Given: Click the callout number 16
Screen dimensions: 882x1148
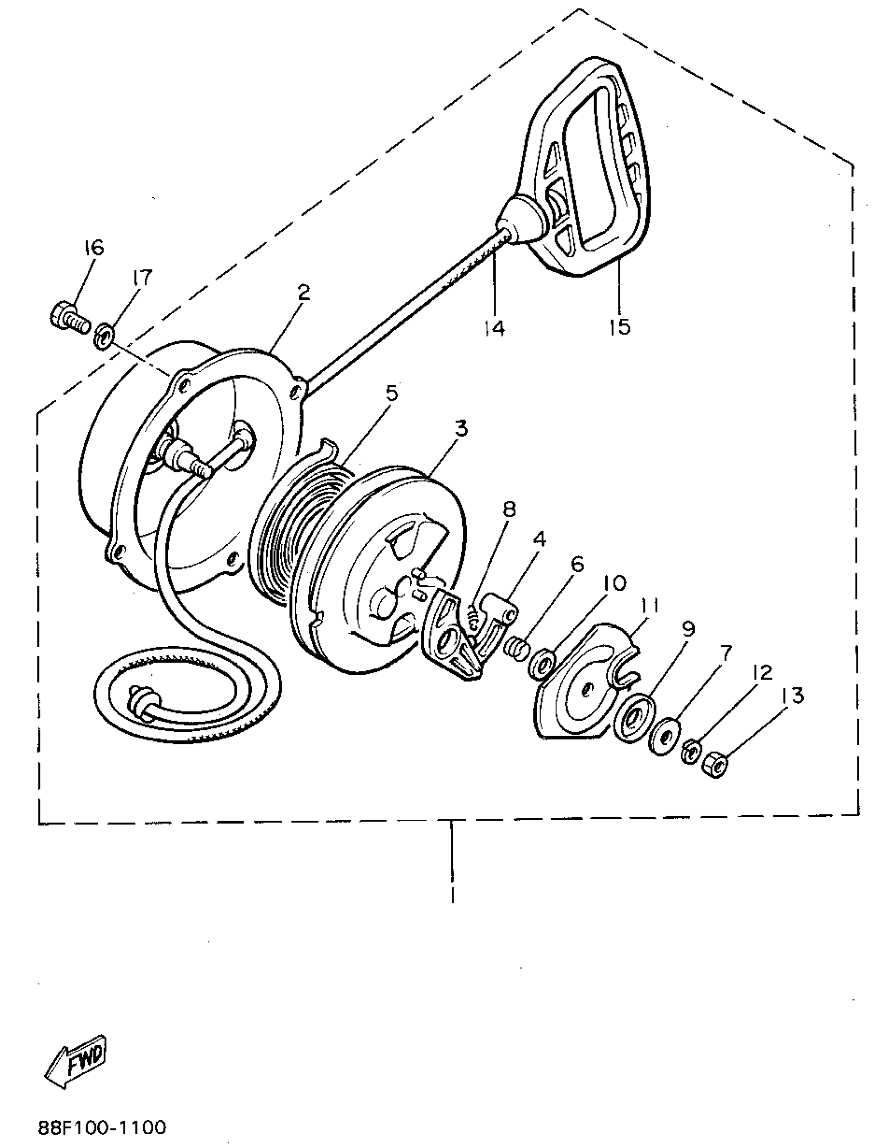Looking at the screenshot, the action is (94, 248).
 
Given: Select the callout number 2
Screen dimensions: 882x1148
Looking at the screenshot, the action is (303, 293).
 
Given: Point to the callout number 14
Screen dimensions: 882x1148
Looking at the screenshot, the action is (494, 328).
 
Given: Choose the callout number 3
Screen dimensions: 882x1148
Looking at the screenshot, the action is (460, 429).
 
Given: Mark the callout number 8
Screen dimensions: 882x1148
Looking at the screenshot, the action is (508, 509).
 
